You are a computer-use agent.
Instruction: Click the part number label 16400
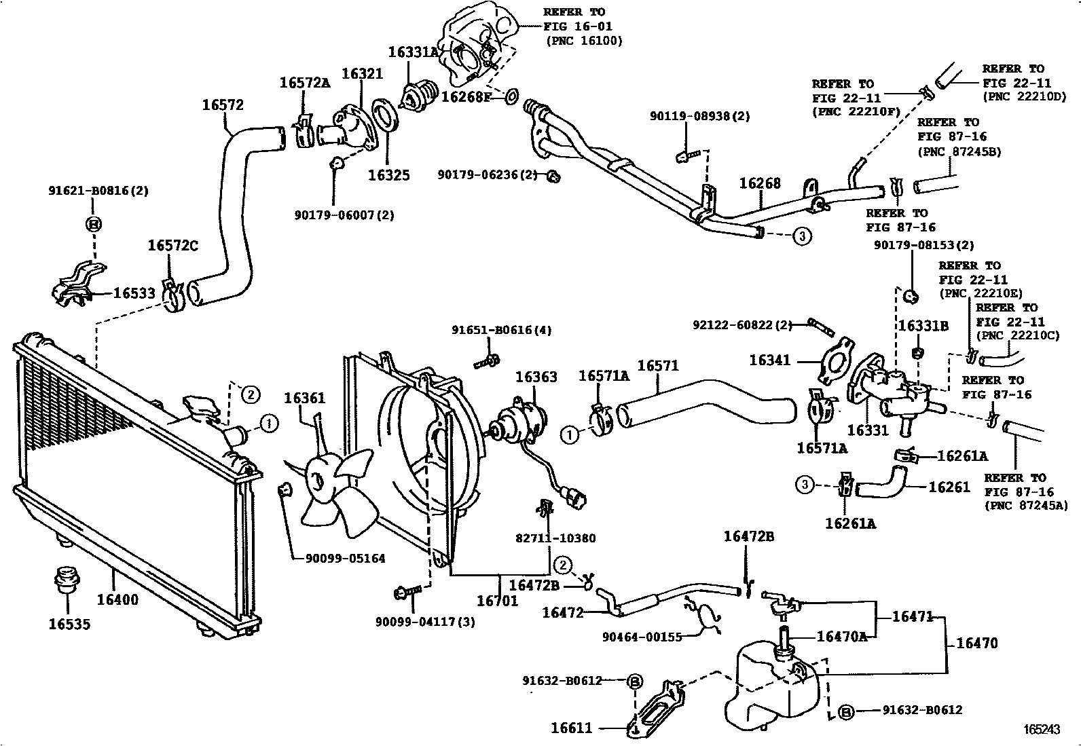tap(117, 600)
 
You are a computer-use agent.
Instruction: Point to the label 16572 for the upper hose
tap(222, 105)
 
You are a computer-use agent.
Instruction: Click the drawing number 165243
tap(1042, 730)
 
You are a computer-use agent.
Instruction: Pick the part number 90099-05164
tap(345, 559)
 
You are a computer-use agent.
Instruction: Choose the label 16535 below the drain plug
tap(69, 624)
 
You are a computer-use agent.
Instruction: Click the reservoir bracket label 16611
tap(571, 728)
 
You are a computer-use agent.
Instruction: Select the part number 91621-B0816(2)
tap(98, 191)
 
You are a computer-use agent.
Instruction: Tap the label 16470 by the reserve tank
tap(976, 643)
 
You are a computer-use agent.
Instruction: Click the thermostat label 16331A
tap(413, 52)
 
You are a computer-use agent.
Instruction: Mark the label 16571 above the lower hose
tap(658, 367)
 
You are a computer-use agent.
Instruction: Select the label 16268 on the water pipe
tap(759, 183)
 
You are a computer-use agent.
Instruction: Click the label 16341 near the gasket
tap(770, 360)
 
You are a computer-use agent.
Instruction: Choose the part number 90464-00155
tap(642, 637)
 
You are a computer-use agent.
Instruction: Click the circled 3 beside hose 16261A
tap(804, 485)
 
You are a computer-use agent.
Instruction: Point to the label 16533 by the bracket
tap(134, 293)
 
